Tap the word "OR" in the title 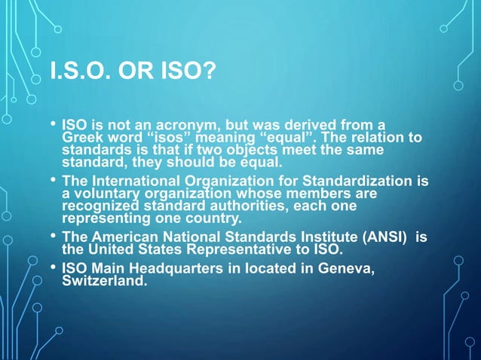click(x=133, y=75)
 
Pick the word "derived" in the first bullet click(x=320, y=125)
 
